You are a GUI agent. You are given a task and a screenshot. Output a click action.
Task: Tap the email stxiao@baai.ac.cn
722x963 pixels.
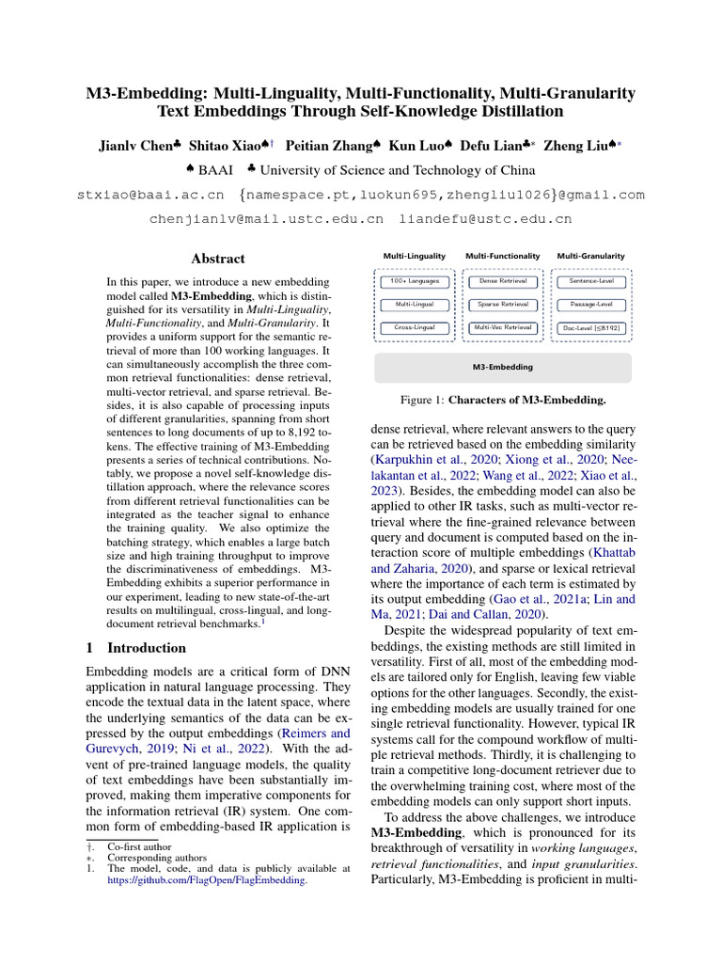coord(149,195)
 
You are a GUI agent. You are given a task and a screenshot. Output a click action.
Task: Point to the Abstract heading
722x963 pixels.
coord(218,259)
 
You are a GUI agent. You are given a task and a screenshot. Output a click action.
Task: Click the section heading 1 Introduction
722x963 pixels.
coord(136,648)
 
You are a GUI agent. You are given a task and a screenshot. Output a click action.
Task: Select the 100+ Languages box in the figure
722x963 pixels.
coord(415,281)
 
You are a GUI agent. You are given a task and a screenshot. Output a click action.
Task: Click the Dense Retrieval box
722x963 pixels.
coord(503,281)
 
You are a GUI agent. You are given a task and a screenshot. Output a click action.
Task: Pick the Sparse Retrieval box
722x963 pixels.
coord(503,305)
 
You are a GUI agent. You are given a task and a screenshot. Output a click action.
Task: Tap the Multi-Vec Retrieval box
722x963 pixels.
coord(503,327)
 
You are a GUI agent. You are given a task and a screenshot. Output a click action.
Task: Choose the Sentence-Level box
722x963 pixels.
coord(591,281)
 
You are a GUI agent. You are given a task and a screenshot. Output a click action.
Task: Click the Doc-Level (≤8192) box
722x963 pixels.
coord(591,327)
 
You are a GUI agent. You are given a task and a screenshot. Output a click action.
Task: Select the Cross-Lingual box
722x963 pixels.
coord(415,327)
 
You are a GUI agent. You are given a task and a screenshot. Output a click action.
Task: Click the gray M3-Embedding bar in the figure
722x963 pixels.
coord(503,367)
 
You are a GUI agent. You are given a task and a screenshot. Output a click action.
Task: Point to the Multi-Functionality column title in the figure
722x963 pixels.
coord(503,256)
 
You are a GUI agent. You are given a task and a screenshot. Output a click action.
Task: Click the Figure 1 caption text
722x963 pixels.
coord(503,400)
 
